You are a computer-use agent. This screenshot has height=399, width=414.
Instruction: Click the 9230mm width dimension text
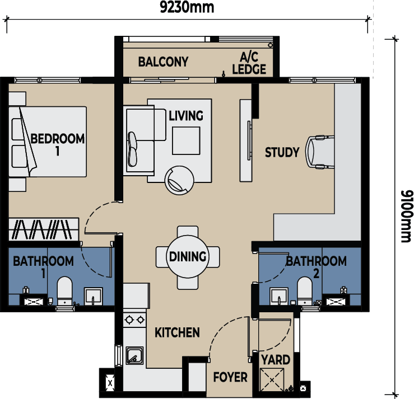pyautogui.click(x=187, y=7)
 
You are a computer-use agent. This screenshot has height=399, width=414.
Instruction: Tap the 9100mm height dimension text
pyautogui.click(x=406, y=216)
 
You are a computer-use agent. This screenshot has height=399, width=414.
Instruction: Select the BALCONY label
pyautogui.click(x=163, y=62)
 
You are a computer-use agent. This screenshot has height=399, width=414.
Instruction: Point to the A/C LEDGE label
pyautogui.click(x=249, y=63)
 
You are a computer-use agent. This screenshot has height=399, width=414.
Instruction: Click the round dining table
pyautogui.click(x=188, y=257)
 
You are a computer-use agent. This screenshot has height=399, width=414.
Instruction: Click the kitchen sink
pyautogui.click(x=134, y=355)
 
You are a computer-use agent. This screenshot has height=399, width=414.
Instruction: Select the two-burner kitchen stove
pyautogui.click(x=134, y=320)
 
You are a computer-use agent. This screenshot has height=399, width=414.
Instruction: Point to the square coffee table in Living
pyautogui.click(x=186, y=140)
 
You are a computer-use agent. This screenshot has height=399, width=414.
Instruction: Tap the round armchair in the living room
pyautogui.click(x=179, y=180)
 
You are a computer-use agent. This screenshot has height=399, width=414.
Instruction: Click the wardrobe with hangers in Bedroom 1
pyautogui.click(x=44, y=229)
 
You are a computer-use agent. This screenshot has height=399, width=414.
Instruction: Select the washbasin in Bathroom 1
pyautogui.click(x=94, y=297)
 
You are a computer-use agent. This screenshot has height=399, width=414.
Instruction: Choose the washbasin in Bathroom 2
pyautogui.click(x=279, y=297)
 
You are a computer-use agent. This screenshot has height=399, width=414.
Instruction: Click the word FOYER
pyautogui.click(x=230, y=377)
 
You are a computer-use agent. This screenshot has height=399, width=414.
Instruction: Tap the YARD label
pyautogui.click(x=276, y=360)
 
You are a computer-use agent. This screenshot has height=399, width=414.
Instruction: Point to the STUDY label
pyautogui.click(x=282, y=152)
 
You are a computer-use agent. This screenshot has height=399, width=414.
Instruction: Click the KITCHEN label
pyautogui.click(x=177, y=332)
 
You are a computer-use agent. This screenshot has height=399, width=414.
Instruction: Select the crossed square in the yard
pyautogui.click(x=272, y=380)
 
